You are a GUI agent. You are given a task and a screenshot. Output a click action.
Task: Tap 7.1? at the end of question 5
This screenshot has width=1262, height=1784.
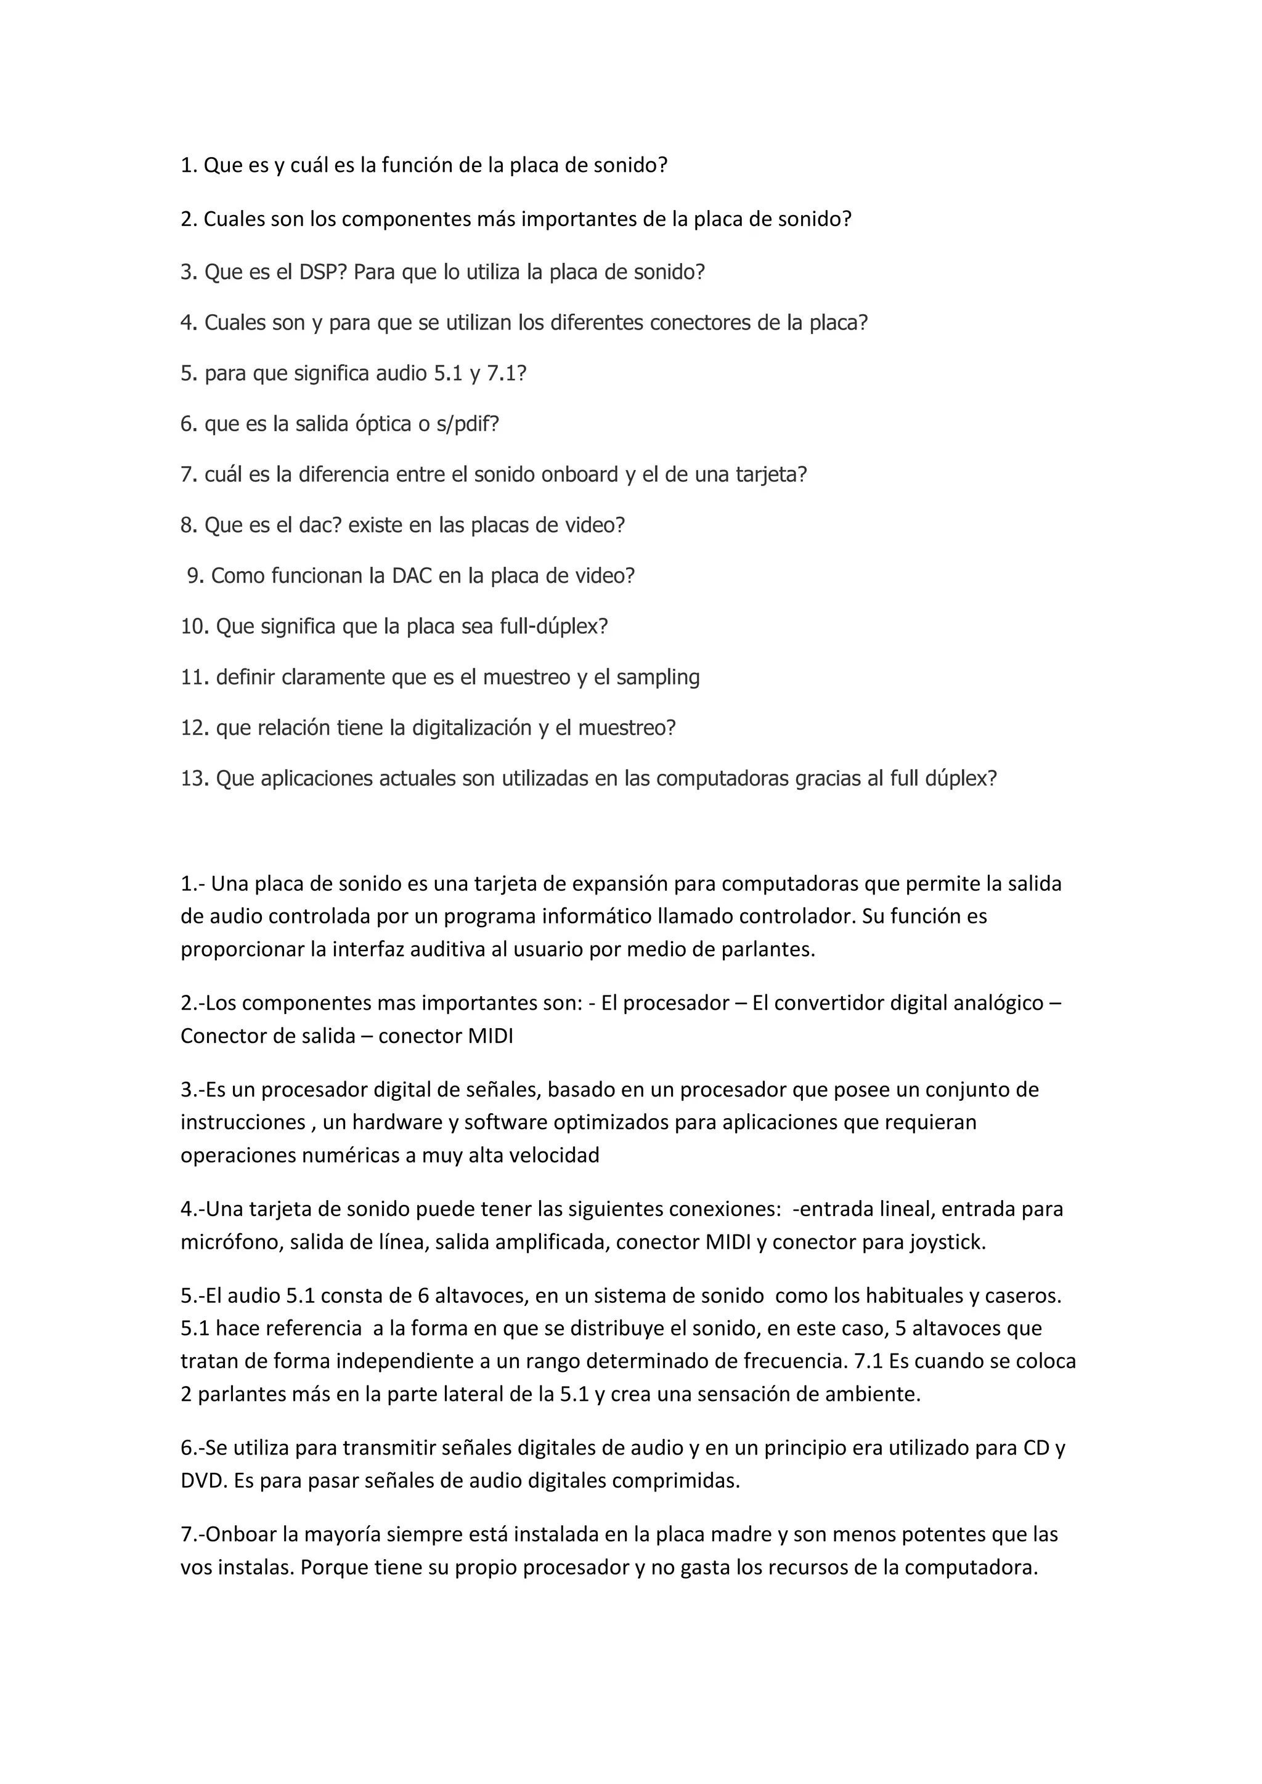pos(507,374)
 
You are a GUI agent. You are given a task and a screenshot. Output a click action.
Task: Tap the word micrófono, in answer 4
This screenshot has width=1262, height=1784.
pos(232,1243)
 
